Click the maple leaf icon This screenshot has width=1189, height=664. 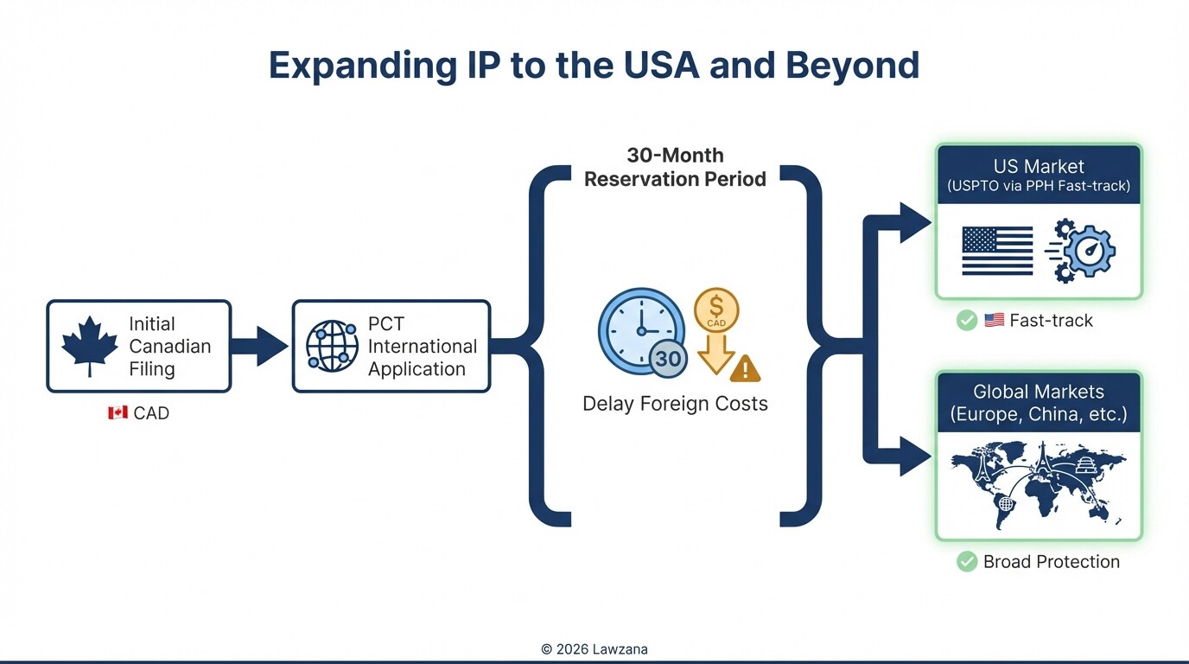coord(89,346)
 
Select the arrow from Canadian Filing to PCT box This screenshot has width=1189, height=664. coord(260,346)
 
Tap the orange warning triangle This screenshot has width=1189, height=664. coord(745,368)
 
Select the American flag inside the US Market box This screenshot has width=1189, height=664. coord(997,251)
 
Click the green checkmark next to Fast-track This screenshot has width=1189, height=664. coord(966,321)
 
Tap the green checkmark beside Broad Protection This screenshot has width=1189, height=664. coord(966,562)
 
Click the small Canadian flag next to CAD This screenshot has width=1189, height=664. coord(118,413)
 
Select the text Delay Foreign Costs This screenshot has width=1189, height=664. coord(675,404)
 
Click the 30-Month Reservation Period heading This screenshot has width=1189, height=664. coord(675,168)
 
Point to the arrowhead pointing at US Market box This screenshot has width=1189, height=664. coord(916,223)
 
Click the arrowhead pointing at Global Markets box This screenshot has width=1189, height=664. coord(916,456)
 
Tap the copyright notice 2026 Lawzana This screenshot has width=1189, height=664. coord(594,648)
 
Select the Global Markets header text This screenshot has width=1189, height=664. coord(1038,402)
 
